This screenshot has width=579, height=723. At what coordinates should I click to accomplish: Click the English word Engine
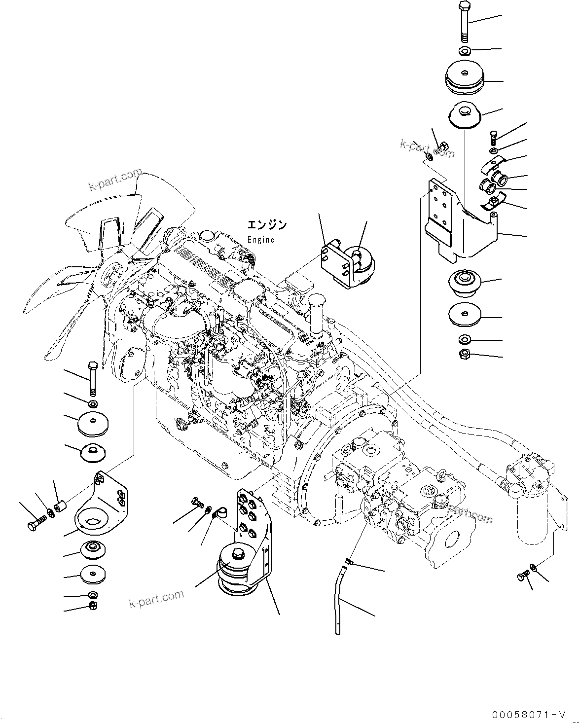pos(260,239)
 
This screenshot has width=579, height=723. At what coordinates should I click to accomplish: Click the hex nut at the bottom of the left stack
pos(92,606)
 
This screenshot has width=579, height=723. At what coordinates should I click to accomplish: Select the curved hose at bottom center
pos(340,599)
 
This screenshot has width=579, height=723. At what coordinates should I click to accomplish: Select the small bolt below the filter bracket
pos(524,576)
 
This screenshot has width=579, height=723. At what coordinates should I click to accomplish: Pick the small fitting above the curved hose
pos(349,561)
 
